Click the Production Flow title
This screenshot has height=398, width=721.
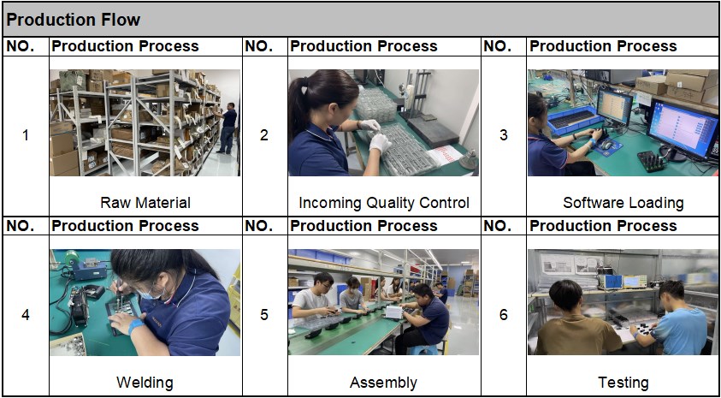point(74,20)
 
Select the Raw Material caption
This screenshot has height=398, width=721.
point(145,203)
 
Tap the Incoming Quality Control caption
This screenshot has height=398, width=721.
point(384,203)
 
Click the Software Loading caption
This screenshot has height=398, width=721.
point(623,203)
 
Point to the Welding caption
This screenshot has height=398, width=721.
point(145,383)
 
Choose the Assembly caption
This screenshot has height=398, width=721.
point(383,383)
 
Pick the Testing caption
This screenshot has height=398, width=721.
point(623,383)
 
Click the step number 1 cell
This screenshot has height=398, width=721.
point(26,136)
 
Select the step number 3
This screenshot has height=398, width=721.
point(504,136)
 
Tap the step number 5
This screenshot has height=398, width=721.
point(264,315)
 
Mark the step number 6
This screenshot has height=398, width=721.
point(504,315)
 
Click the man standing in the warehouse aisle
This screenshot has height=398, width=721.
point(228,128)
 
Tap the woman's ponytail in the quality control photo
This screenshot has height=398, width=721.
point(296,108)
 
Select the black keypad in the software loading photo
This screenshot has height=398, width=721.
point(651,162)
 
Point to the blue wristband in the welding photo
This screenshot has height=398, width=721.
point(136,327)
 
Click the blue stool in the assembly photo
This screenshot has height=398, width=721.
point(423,350)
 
